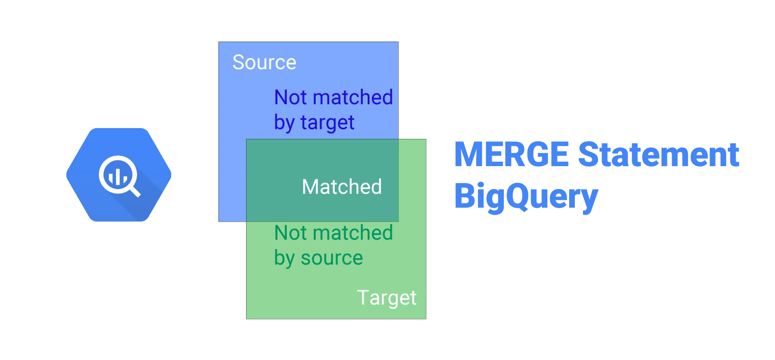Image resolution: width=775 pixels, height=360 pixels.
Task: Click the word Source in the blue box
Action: (264, 62)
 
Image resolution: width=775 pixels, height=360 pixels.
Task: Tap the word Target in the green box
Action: (387, 298)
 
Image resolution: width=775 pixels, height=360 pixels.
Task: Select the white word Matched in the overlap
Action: (342, 187)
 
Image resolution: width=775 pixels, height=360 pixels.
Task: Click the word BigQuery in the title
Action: (526, 196)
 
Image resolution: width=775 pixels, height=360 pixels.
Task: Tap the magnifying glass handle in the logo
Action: (135, 191)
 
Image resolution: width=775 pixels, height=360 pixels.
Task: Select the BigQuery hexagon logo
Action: (119, 175)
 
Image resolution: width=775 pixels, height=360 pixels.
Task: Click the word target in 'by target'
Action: (327, 122)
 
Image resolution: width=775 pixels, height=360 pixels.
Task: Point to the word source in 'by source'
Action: (332, 258)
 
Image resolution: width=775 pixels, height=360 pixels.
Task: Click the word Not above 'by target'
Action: (290, 97)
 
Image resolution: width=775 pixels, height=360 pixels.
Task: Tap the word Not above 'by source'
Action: (290, 233)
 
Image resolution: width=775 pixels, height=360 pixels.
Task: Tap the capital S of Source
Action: (239, 62)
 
